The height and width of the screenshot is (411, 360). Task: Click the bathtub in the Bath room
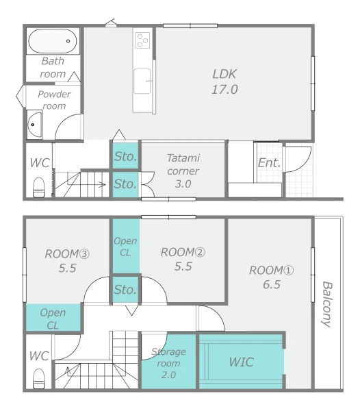[x=53, y=41]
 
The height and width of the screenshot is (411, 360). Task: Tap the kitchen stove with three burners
[x=142, y=40]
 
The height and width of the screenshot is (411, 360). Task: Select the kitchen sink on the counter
[x=142, y=81]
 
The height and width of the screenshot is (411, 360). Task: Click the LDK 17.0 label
[x=224, y=82]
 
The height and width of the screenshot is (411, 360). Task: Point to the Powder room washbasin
[x=34, y=125]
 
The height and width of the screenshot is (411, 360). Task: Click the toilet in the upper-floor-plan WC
[x=39, y=187]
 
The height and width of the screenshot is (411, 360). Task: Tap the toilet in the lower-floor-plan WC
[x=39, y=379]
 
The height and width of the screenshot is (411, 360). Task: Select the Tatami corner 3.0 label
[x=183, y=171]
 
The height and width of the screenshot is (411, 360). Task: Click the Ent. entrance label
[x=270, y=163]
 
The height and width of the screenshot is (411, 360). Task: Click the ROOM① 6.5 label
[x=272, y=277]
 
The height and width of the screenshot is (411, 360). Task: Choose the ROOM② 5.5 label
[x=183, y=259]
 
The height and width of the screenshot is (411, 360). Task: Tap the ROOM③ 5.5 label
[x=67, y=261]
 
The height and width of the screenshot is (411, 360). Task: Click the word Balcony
[x=327, y=304]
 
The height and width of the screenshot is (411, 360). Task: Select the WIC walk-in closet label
[x=241, y=362]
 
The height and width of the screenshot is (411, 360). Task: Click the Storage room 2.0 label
[x=168, y=363]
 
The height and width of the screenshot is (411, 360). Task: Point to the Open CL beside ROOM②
[x=125, y=247]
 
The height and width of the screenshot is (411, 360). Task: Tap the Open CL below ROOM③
[x=53, y=319]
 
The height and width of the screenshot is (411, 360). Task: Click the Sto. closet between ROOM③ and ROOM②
[x=125, y=290]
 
